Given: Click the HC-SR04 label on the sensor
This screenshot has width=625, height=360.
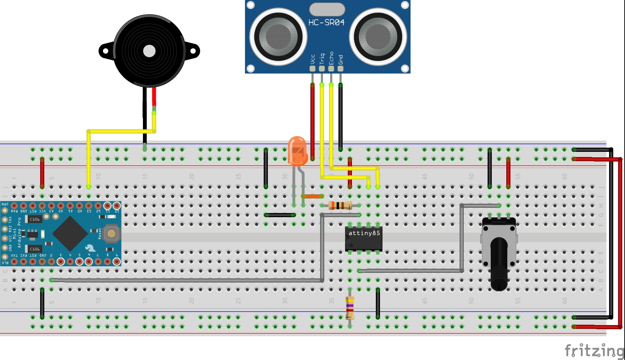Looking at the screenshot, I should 326,22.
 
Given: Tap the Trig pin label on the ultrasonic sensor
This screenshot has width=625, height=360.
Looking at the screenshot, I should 322,58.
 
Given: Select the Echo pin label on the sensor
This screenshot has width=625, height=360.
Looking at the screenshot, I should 331,58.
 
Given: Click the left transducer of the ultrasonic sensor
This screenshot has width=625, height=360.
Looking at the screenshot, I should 278,36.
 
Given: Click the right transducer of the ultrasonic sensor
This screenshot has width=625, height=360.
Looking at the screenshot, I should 378,36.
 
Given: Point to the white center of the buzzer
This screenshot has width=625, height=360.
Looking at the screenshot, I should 149,51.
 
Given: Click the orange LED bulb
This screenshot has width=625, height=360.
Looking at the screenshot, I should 297,150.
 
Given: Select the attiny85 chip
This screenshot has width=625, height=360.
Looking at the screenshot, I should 364,238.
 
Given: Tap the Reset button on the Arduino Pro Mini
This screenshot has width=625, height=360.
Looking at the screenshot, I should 111,233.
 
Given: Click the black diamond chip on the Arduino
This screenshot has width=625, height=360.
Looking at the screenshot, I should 70,233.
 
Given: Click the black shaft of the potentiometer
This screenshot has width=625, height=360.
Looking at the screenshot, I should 499,263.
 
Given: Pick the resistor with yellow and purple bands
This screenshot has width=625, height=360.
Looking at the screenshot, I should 350,307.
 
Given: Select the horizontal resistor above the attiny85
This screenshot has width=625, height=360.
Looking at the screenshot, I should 340,206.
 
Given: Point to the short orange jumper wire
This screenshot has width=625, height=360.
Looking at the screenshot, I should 312,196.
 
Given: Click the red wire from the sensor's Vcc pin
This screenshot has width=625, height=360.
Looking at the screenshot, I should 312,121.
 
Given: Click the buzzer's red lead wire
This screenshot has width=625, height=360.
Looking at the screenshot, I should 154,97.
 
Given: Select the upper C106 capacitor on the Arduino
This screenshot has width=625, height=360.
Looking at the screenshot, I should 34,219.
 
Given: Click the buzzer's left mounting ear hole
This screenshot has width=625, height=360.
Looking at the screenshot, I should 106,51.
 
